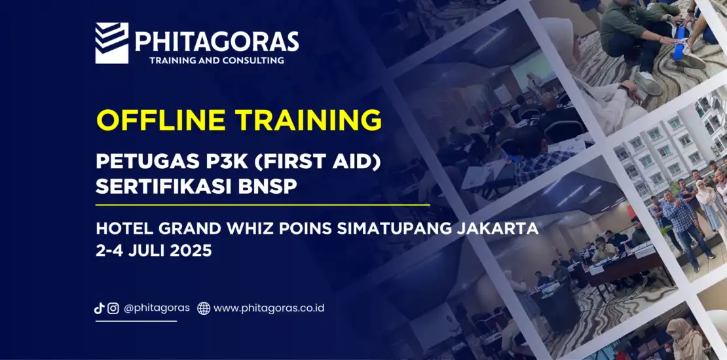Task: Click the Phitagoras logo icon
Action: point(112,43)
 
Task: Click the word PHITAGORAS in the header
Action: point(217,41)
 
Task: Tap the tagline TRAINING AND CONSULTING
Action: point(217,60)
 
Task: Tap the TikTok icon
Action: point(99,308)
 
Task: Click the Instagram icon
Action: point(113,308)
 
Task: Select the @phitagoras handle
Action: point(157,308)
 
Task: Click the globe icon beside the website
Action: point(204,308)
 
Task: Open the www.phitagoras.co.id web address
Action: point(269,308)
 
